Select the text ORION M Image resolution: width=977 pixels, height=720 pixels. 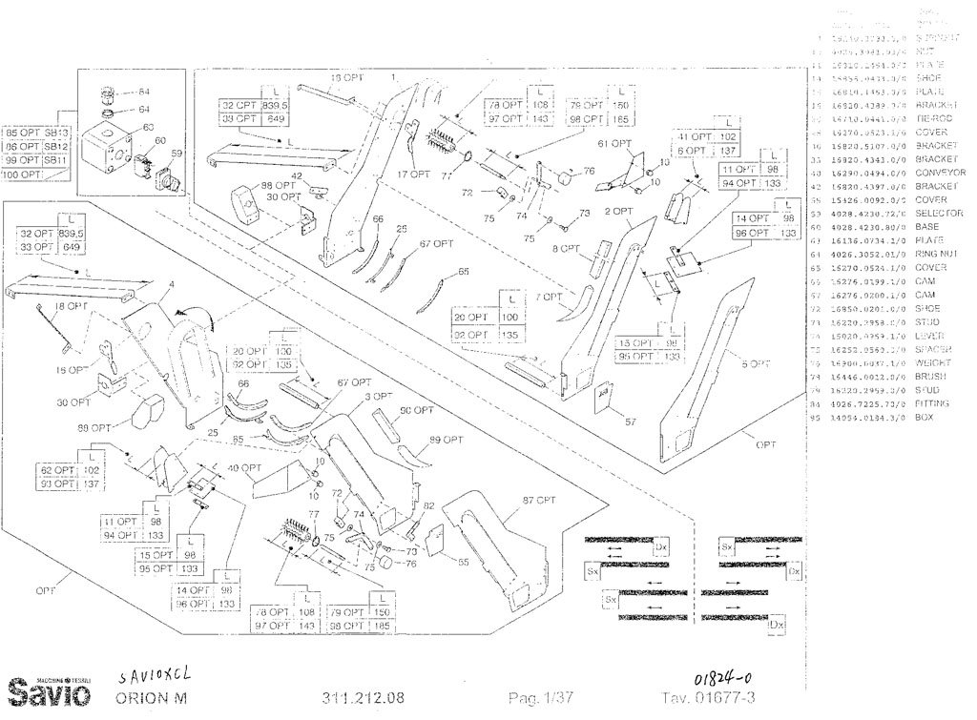(150, 697)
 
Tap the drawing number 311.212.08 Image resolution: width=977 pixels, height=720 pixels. (364, 698)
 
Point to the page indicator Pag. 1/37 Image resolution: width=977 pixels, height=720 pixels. (541, 698)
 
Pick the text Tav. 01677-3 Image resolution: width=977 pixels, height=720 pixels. (706, 698)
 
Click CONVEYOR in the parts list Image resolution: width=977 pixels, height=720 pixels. (940, 173)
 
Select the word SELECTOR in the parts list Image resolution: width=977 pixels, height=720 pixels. (939, 214)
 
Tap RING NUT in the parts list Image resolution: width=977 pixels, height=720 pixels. (936, 255)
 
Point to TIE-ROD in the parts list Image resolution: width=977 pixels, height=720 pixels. (931, 118)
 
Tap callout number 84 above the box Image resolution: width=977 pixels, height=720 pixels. (144, 93)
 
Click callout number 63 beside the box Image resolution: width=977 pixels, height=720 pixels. (148, 126)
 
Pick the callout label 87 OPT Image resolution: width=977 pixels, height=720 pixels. (540, 500)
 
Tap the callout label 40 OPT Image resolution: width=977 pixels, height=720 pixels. (246, 467)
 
